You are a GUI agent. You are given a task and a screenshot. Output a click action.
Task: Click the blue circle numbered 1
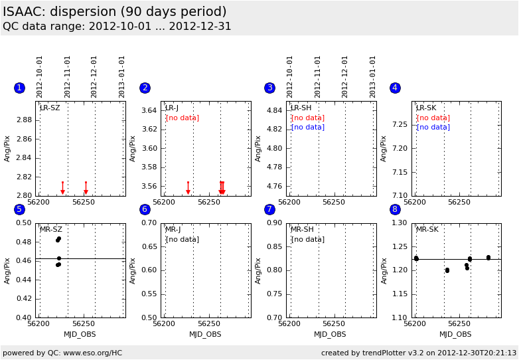(x=19, y=88)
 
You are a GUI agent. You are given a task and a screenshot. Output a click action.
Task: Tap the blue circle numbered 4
(x=395, y=88)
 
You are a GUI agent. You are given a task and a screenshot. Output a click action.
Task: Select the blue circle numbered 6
(x=145, y=209)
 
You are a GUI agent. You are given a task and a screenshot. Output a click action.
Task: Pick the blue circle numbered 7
(x=269, y=209)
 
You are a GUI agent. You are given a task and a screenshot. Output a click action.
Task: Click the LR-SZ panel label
(x=50, y=108)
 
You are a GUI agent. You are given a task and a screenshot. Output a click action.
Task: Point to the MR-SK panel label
(x=427, y=229)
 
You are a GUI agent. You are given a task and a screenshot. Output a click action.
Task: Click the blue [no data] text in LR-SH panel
(x=308, y=127)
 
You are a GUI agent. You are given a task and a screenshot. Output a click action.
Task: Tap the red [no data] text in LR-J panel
(x=183, y=118)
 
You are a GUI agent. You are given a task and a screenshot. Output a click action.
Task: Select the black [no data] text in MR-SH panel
(x=308, y=240)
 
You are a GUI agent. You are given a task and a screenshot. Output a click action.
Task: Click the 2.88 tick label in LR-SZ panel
(x=24, y=120)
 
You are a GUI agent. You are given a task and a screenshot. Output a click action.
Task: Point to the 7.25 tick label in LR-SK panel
(x=400, y=124)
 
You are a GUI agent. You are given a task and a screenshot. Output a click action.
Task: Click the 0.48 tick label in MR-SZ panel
(x=24, y=242)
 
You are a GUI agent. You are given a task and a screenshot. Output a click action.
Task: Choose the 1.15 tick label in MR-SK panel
(x=400, y=294)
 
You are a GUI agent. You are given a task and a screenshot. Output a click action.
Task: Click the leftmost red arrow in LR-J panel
(x=188, y=188)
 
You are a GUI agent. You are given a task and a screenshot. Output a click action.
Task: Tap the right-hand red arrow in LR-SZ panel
(x=86, y=188)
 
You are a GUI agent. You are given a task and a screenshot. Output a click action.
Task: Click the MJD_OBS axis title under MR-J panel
(x=205, y=335)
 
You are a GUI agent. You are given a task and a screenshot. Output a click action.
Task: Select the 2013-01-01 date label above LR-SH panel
(x=373, y=77)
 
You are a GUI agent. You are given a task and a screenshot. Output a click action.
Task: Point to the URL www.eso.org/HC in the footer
(x=93, y=353)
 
